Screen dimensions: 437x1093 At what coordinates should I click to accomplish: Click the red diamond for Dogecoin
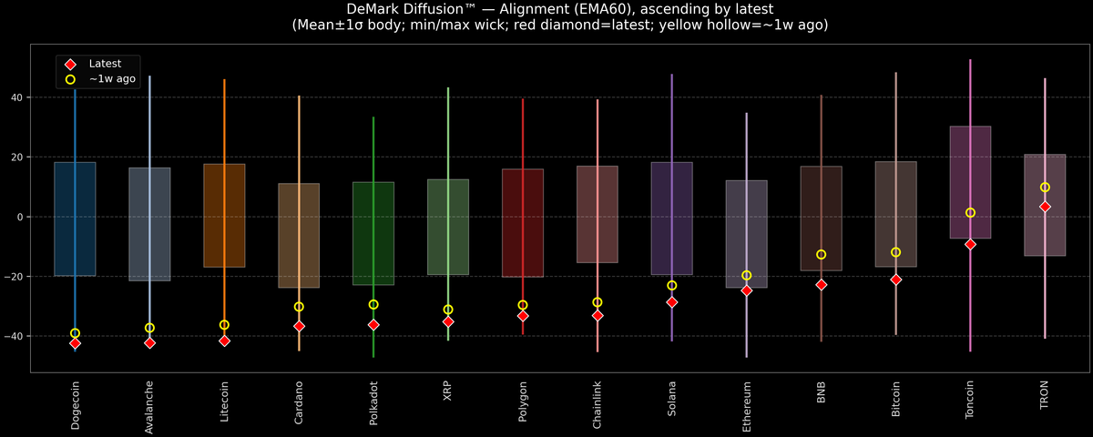[x=75, y=343]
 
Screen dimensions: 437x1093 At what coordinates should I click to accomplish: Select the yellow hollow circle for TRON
[x=1045, y=188]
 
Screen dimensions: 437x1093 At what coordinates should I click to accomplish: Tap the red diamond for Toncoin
[x=970, y=244]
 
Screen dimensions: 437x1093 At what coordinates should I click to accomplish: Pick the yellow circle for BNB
[x=821, y=255]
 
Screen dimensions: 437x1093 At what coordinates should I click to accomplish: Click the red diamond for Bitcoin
[x=895, y=279]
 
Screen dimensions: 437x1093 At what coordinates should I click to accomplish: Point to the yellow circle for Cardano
[x=299, y=307]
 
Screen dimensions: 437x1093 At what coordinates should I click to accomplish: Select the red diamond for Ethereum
[x=746, y=290]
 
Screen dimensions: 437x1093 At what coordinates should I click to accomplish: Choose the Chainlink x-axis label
[x=598, y=406]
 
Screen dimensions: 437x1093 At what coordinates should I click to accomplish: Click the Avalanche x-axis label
[x=149, y=407]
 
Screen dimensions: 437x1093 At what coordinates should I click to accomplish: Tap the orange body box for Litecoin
[x=224, y=216]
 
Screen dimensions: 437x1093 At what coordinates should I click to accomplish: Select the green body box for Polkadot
[x=373, y=234]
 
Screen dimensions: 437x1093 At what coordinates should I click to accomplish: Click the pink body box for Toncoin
[x=970, y=182]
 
